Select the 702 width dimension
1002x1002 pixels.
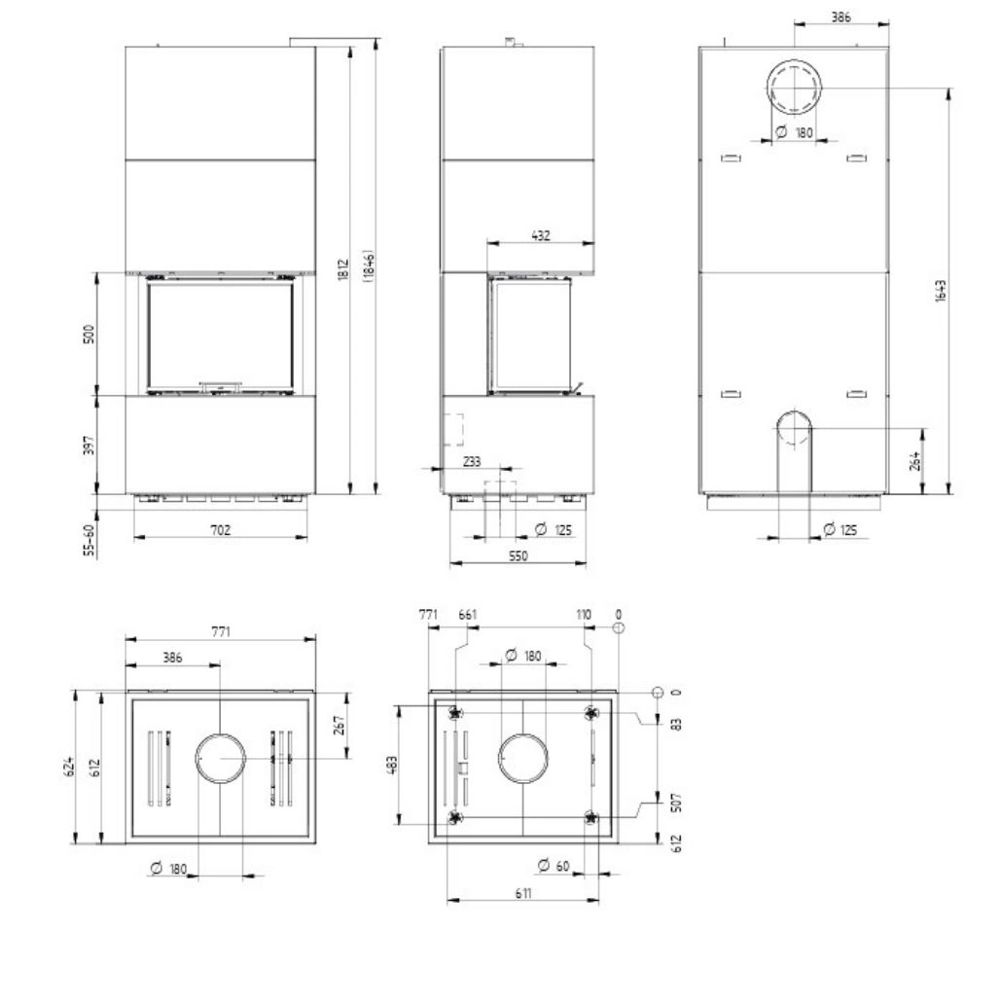coord(220,529)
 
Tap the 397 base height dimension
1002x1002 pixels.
coord(89,445)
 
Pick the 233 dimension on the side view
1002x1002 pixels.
coord(471,462)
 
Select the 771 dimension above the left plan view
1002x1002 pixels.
coord(221,631)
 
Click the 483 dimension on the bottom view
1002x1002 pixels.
coord(391,765)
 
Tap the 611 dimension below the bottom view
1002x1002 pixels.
coord(523,894)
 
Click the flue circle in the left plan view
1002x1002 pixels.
coord(221,758)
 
